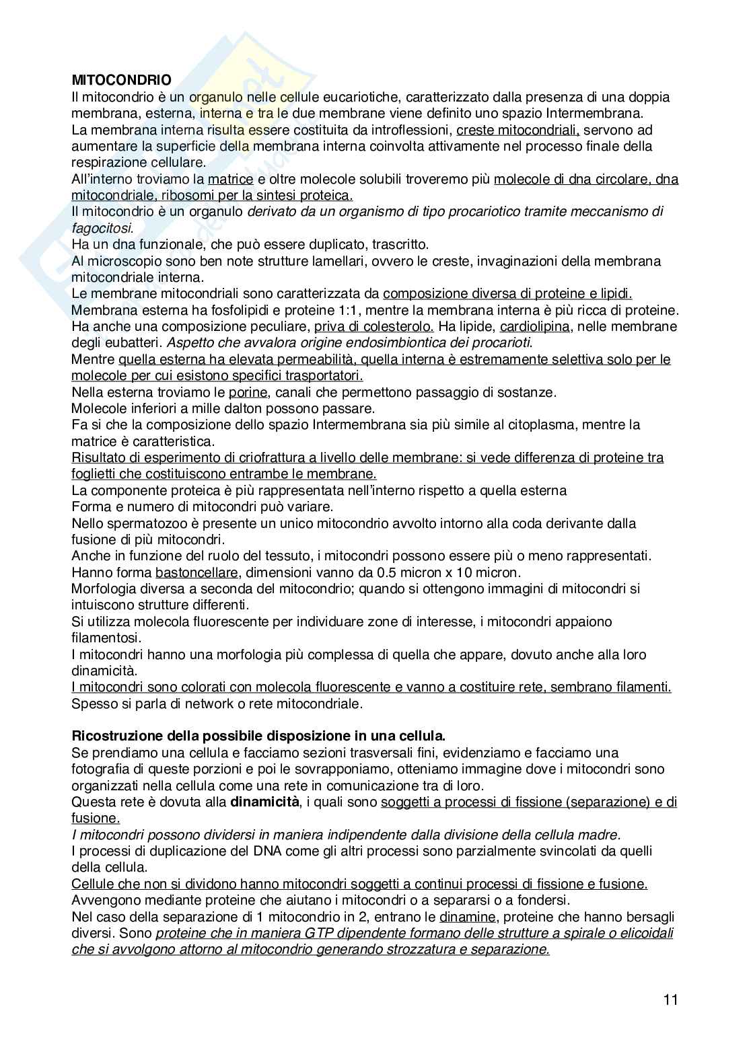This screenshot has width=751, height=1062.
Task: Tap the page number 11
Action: point(670,999)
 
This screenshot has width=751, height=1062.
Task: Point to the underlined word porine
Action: point(248,392)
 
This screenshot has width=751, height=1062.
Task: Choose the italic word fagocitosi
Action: point(102,228)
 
